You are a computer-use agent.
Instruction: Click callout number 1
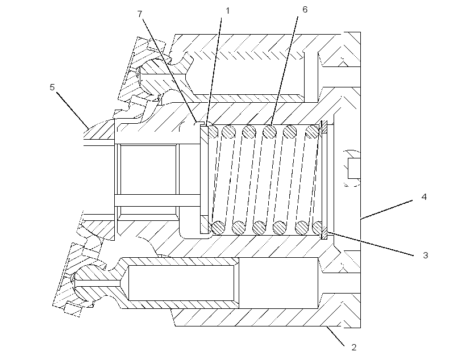[x=228, y=11]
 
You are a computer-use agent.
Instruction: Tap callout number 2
[x=353, y=348]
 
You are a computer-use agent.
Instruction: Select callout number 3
[x=425, y=255]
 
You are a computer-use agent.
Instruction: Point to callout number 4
[x=424, y=196]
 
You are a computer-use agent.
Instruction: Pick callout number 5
[x=52, y=87]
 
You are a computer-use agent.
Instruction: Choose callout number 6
[x=305, y=10]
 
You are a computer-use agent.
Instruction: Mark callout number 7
[x=140, y=14]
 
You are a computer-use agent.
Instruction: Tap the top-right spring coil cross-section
[x=312, y=132]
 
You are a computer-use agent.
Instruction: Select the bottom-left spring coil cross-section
[x=218, y=228]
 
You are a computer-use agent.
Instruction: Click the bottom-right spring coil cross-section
[x=318, y=228]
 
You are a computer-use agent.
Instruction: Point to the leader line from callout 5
[x=73, y=110]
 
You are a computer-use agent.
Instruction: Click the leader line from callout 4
[x=386, y=210]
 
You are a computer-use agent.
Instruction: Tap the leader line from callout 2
[x=335, y=336]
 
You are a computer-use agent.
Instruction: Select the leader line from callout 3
[x=370, y=244]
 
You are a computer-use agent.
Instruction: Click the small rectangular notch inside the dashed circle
[x=354, y=169]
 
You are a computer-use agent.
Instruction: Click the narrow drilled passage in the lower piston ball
[x=98, y=284]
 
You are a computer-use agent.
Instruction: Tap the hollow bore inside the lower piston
[x=181, y=283]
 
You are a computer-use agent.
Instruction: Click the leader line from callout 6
[x=284, y=70]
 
